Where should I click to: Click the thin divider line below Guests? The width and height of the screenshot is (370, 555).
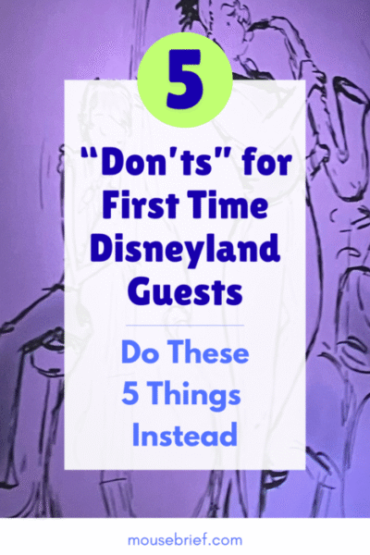click(185, 325)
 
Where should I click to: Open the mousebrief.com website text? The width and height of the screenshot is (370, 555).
click(185, 536)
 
